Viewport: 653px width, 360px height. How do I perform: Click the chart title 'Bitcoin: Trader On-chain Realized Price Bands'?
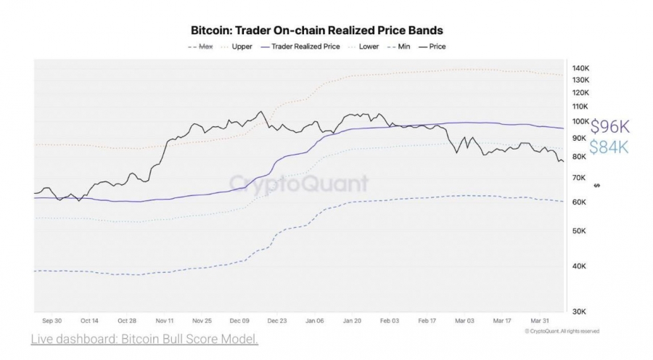click(x=316, y=30)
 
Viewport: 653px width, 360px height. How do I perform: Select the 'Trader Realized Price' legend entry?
click(x=300, y=46)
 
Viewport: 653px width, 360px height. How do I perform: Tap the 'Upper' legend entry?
click(x=237, y=46)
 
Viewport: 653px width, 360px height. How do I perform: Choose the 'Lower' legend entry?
click(x=364, y=46)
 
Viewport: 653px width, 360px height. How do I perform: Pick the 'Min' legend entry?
click(x=398, y=46)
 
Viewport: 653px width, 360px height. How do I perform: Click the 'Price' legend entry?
click(x=432, y=46)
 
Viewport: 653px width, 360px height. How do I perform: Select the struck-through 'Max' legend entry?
click(x=200, y=46)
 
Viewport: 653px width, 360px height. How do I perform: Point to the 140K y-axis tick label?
click(x=580, y=68)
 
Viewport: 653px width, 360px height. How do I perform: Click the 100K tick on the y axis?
click(x=580, y=121)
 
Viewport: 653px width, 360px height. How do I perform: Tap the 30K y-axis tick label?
click(x=579, y=311)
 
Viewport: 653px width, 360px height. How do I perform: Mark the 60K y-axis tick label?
click(x=579, y=202)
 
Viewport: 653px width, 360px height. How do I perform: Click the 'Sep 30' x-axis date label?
click(x=52, y=321)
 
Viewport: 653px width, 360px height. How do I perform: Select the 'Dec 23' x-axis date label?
click(x=277, y=321)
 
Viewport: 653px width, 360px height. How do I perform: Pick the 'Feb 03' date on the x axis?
click(x=390, y=321)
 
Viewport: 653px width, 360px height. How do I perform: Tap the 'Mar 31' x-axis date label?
click(x=540, y=321)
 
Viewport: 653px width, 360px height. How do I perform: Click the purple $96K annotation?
click(x=610, y=126)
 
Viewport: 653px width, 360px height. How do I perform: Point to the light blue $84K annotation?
click(x=609, y=147)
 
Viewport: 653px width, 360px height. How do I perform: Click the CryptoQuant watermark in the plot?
click(x=299, y=184)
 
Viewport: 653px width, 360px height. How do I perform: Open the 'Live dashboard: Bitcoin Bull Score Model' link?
click(x=144, y=339)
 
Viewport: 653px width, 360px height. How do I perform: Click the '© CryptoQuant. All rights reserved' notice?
click(x=562, y=331)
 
